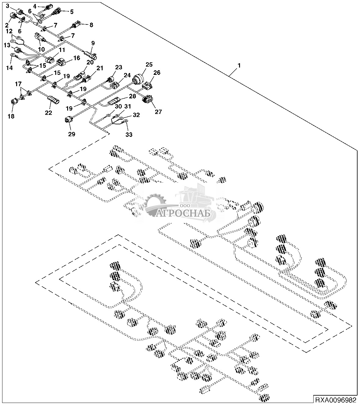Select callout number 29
point(71,134)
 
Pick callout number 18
point(11,116)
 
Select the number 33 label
point(129,134)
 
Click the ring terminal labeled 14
point(13,56)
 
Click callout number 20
point(90,62)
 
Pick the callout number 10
point(41,49)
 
